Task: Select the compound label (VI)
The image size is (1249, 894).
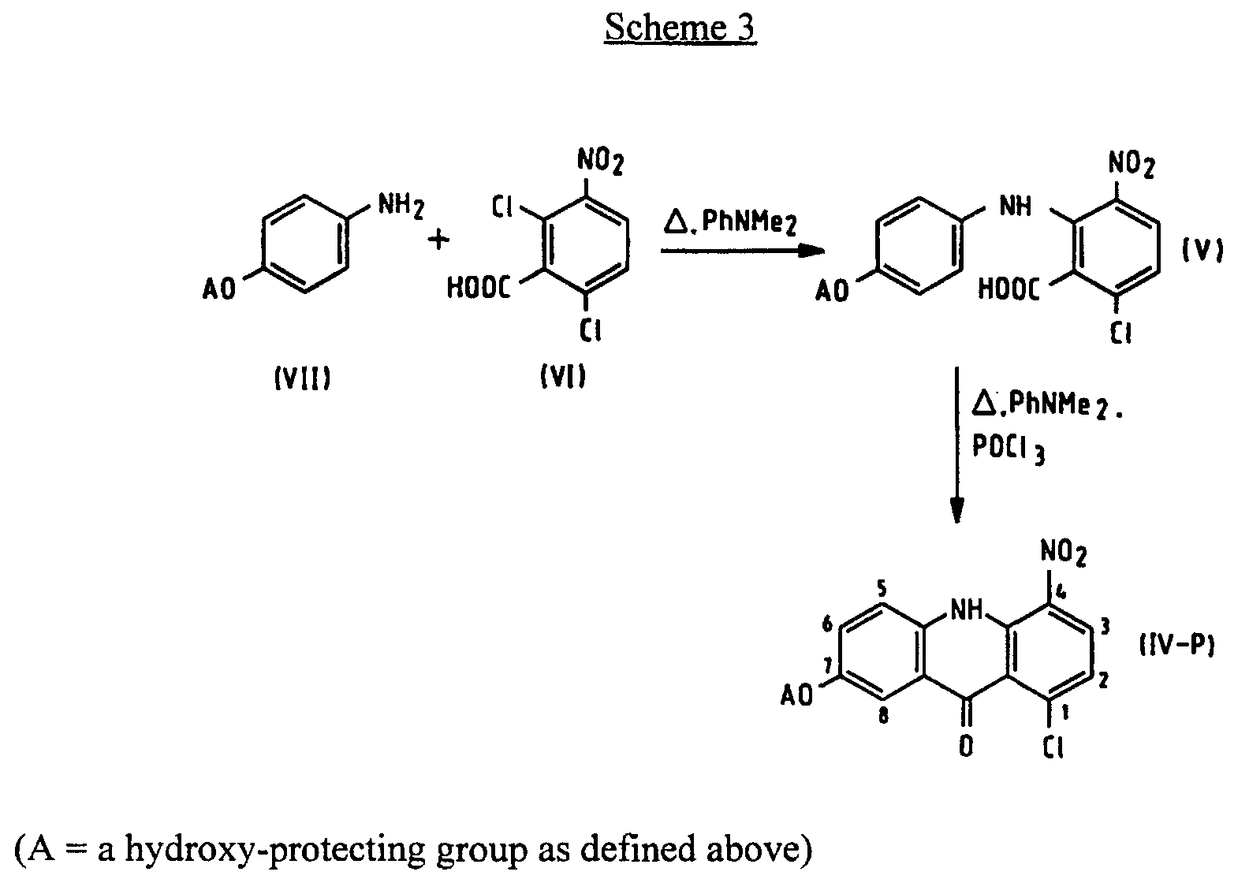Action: (x=563, y=379)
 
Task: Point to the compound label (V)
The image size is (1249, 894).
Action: (x=1202, y=251)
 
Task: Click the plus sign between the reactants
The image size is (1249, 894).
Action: (x=438, y=239)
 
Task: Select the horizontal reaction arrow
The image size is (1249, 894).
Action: (x=741, y=251)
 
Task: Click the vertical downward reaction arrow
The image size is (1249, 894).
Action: (x=957, y=445)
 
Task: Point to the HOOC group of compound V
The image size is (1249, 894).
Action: (x=1009, y=289)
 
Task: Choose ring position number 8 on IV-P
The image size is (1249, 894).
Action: (x=884, y=718)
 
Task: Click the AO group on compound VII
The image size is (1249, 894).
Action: (x=218, y=290)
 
